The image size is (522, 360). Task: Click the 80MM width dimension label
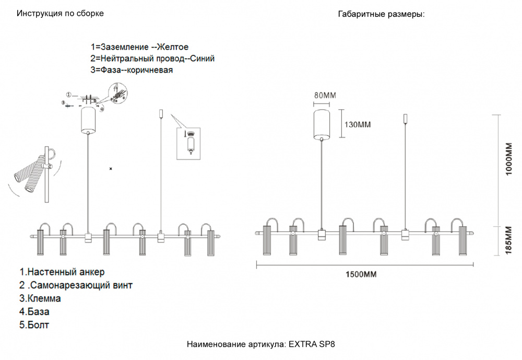[325, 95]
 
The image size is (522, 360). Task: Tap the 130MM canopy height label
[358, 125]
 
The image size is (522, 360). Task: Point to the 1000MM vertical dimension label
[508, 159]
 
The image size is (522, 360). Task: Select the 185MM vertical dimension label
[508, 240]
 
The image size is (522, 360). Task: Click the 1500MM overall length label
[361, 274]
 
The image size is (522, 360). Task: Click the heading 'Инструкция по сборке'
[60, 14]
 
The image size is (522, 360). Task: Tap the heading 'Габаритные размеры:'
[382, 14]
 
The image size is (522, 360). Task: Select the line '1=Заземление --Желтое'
[139, 47]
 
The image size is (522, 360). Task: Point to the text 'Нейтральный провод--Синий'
[158, 59]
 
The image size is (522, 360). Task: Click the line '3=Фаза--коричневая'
[132, 70]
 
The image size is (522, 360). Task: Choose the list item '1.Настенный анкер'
[62, 272]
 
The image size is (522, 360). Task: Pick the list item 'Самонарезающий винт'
[81, 285]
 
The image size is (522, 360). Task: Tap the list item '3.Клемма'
[40, 298]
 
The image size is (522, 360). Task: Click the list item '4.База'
[34, 311]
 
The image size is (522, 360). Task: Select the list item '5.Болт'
[34, 325]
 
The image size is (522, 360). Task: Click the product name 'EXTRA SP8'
[312, 344]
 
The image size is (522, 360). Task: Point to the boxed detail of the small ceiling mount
[188, 144]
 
